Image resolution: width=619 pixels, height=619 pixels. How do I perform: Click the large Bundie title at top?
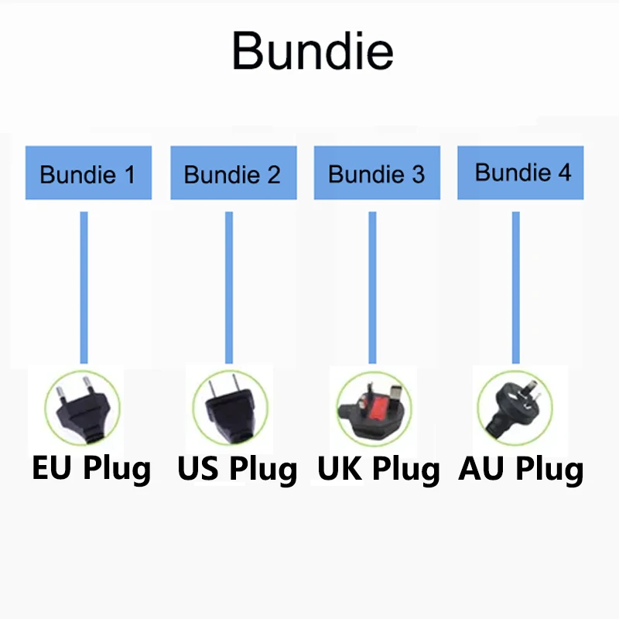click(313, 51)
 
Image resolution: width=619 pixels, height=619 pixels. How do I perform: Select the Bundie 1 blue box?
click(88, 173)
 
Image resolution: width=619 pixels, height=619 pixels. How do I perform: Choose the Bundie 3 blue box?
click(377, 173)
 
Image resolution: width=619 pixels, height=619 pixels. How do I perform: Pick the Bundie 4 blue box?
click(520, 171)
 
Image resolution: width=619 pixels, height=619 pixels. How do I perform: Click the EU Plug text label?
click(91, 469)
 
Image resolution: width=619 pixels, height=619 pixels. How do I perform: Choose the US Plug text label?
click(237, 469)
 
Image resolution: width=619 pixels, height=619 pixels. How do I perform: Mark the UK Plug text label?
click(379, 469)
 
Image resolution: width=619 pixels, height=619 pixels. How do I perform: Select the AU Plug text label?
click(522, 469)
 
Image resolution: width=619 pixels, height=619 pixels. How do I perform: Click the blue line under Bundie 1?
click(84, 286)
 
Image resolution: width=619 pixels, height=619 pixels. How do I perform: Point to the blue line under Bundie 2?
click(229, 286)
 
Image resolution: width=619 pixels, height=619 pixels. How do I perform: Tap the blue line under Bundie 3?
click(372, 286)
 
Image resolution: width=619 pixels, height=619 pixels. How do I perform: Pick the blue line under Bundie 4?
click(516, 286)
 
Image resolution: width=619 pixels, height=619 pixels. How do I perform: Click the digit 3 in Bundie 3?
click(418, 175)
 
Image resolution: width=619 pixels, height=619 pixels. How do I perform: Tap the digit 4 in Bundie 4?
click(563, 173)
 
